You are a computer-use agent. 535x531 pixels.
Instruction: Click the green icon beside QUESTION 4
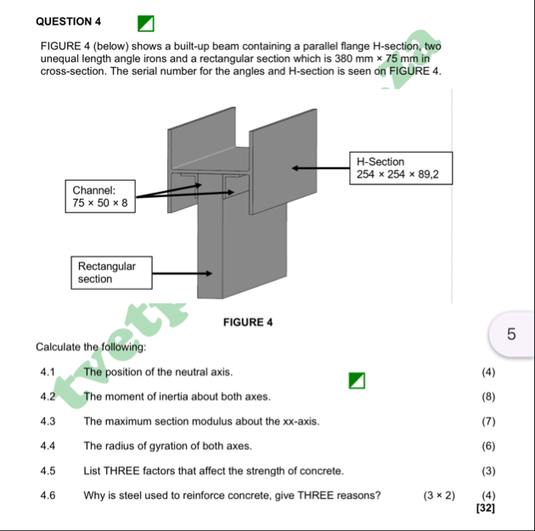pos(148,19)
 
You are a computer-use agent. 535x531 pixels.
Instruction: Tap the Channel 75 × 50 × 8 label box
pos(100,196)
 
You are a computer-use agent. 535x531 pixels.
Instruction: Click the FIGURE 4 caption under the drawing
pos(247,322)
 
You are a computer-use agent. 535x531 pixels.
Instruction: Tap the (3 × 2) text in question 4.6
pos(440,494)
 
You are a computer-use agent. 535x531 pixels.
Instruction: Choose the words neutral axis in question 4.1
pos(206,372)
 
